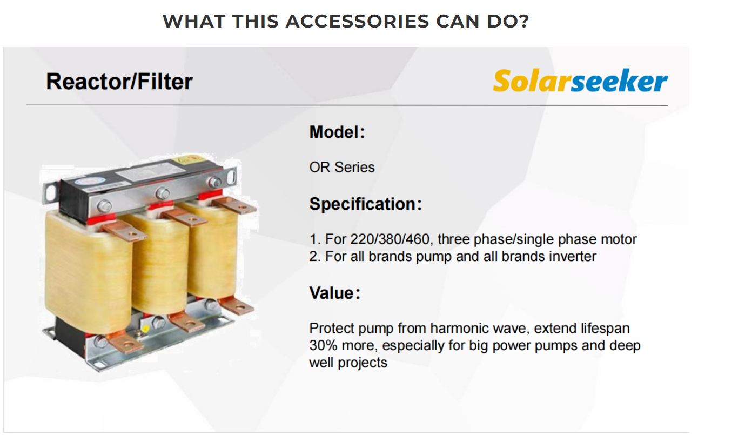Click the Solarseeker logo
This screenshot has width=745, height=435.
(580, 81)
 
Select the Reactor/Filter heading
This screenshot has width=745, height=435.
(119, 82)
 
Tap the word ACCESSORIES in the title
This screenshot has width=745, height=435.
(358, 21)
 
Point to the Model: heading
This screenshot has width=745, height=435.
(337, 132)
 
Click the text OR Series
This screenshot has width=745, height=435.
(342, 168)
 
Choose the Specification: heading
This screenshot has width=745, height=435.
(366, 204)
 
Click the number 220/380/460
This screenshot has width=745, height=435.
(390, 239)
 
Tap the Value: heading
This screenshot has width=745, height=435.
(334, 293)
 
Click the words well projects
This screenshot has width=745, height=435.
(348, 363)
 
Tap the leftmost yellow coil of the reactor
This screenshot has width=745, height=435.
(88, 273)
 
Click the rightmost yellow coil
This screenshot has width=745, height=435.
(213, 250)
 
